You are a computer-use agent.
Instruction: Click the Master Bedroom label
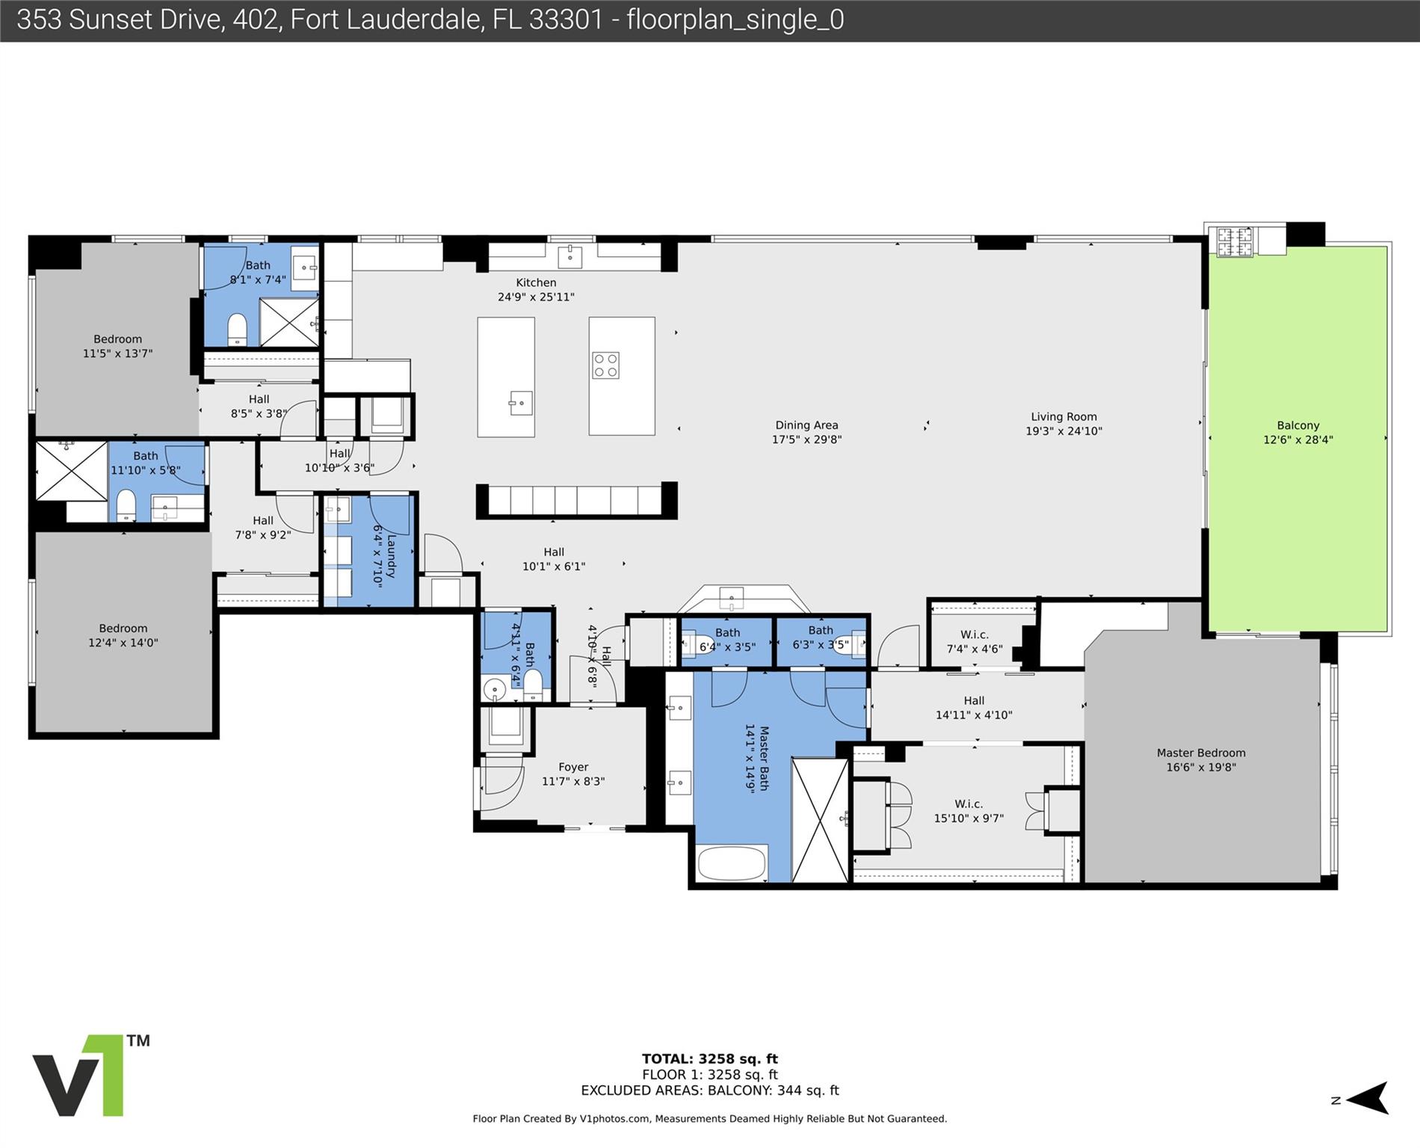(1201, 753)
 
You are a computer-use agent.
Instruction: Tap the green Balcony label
(1297, 425)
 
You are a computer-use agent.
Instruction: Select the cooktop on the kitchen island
(605, 365)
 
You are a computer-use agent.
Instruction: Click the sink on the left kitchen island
(520, 404)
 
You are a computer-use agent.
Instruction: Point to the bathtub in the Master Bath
(732, 863)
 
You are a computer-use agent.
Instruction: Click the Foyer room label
(573, 768)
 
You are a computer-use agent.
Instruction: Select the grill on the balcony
(1235, 242)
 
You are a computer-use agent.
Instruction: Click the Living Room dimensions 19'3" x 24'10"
(1064, 431)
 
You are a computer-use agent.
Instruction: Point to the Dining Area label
(806, 425)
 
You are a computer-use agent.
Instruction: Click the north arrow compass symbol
(1365, 1099)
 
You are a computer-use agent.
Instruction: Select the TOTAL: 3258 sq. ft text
(709, 1059)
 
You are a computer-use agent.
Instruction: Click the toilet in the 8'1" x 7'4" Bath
(237, 329)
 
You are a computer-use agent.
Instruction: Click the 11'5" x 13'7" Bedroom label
(117, 339)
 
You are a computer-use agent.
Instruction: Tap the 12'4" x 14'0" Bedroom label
(123, 629)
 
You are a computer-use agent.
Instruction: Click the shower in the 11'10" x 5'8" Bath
(72, 471)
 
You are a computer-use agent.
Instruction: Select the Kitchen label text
(536, 283)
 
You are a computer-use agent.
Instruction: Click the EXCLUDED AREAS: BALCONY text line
(709, 1090)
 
